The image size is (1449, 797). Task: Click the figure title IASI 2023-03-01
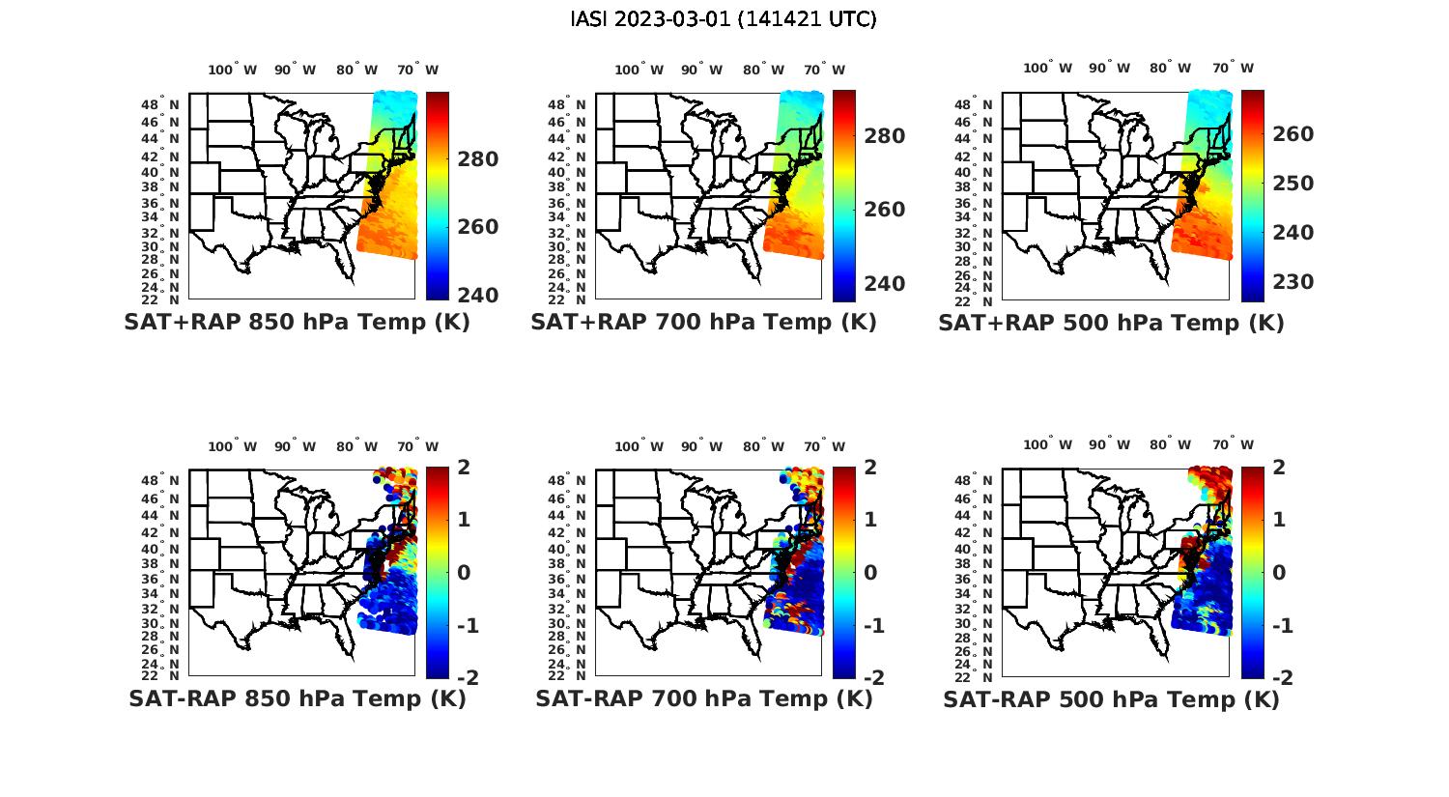click(724, 19)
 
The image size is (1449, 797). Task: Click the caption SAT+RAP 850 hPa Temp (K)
click(297, 322)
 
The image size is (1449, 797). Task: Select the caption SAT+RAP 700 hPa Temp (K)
click(703, 322)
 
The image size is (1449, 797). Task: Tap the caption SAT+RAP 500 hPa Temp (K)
click(1111, 323)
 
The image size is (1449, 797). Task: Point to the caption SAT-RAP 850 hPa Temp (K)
click(298, 698)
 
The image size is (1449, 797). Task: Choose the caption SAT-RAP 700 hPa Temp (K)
click(704, 698)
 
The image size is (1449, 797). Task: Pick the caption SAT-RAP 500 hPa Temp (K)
click(1111, 699)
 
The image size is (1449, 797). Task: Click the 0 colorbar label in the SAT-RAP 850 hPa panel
click(464, 572)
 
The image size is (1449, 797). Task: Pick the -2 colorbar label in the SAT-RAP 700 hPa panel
click(872, 678)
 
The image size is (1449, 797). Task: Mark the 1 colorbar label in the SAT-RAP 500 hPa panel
click(1280, 520)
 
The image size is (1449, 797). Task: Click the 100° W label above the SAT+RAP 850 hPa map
click(233, 70)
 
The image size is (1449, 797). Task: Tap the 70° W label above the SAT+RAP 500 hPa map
click(1234, 68)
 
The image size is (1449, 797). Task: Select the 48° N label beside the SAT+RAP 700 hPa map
click(566, 104)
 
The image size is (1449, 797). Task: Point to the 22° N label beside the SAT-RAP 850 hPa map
click(160, 675)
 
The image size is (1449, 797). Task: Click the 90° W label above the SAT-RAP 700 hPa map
click(702, 446)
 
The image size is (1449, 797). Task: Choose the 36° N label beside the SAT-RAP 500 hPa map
click(975, 578)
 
